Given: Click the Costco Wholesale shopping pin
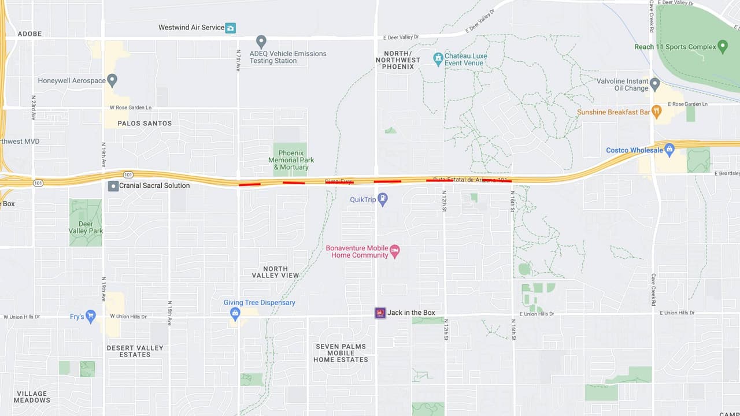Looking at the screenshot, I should pos(669,150).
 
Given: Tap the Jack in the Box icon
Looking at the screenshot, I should pos(380,313).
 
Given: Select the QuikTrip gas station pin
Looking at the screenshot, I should pos(382,199).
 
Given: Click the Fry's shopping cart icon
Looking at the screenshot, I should pos(90,316).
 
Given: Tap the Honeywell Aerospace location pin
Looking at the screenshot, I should pos(112,80).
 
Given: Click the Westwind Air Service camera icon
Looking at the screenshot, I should pos(231,28).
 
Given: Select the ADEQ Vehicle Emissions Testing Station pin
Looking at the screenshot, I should pos(261,42).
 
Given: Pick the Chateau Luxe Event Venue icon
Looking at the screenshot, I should pos(438,58).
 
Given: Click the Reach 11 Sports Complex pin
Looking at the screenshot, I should pos(722,47).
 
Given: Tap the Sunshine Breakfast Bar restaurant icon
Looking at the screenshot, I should pos(656,112).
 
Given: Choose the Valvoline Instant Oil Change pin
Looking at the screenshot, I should pos(654,84).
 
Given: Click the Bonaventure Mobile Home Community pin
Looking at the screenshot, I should pos(395,251).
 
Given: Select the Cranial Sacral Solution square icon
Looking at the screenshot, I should pos(113,186).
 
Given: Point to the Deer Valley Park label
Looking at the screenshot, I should pos(86,228).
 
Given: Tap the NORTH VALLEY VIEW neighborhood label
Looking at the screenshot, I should pos(275,272).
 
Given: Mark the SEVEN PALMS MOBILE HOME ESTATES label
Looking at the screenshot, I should pos(341,353).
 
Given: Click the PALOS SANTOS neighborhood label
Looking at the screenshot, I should pos(145,123).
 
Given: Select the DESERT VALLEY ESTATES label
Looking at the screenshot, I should pos(135,351).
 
